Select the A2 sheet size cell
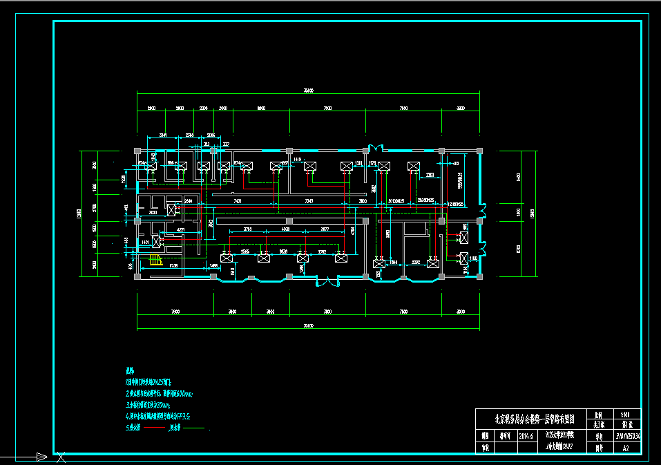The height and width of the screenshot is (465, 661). point(626,448)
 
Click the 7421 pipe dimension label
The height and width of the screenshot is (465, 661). point(238,200)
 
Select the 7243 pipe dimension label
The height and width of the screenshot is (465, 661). point(309,200)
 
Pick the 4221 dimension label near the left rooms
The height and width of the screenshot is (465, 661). point(181,229)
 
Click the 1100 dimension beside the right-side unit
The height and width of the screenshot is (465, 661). point(473,258)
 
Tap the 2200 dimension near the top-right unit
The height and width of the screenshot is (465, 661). point(430,175)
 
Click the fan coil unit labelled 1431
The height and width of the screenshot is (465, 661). point(157,241)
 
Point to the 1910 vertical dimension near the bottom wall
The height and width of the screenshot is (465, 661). point(232,270)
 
